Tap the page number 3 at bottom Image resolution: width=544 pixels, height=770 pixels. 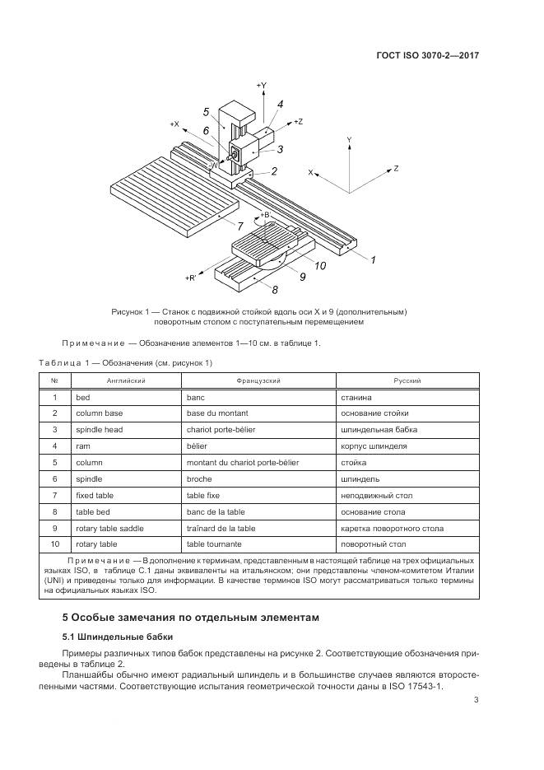pyautogui.click(x=477, y=701)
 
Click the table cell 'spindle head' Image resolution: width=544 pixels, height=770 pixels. pyautogui.click(x=96, y=429)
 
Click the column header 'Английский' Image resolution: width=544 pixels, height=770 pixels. pyautogui.click(x=125, y=380)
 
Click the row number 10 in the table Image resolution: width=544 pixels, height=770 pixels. pyautogui.click(x=54, y=544)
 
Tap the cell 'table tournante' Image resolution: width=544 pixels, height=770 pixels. pyautogui.click(x=212, y=544)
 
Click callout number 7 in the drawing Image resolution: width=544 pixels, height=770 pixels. pyautogui.click(x=239, y=225)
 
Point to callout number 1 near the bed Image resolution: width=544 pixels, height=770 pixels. pyautogui.click(x=373, y=260)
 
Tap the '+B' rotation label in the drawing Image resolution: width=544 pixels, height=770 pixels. pyautogui.click(x=264, y=215)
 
